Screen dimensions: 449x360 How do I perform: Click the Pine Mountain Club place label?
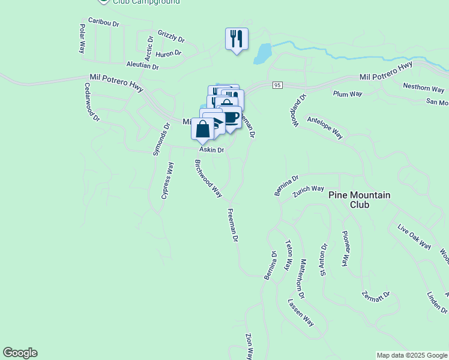point(359,200)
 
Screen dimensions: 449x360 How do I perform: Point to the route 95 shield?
point(277,85)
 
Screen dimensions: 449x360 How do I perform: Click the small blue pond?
point(262,53)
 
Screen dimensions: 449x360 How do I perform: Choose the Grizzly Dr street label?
point(170,36)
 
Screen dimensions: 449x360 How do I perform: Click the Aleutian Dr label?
point(142,65)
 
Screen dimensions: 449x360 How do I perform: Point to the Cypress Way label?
point(167,181)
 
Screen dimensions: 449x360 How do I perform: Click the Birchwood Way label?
point(208,178)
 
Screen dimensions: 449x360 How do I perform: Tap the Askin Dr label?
point(211,150)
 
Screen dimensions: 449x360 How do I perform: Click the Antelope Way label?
point(324,128)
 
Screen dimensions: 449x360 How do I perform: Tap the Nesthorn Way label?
point(423,89)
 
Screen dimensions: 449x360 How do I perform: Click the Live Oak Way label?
point(414,236)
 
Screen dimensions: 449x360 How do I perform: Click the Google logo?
point(20,353)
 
